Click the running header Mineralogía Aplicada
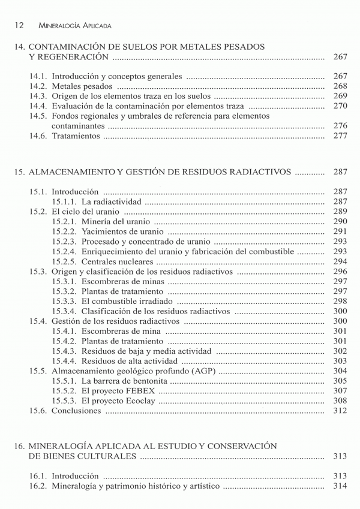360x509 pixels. (74, 26)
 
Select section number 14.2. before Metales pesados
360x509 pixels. (39, 86)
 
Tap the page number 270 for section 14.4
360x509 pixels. (340, 106)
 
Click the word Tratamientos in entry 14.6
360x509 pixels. (76, 136)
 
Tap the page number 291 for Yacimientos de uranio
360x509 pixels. (340, 231)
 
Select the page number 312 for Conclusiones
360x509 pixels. (340, 411)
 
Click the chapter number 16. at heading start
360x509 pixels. (19, 446)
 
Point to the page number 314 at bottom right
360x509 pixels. (340, 486)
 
